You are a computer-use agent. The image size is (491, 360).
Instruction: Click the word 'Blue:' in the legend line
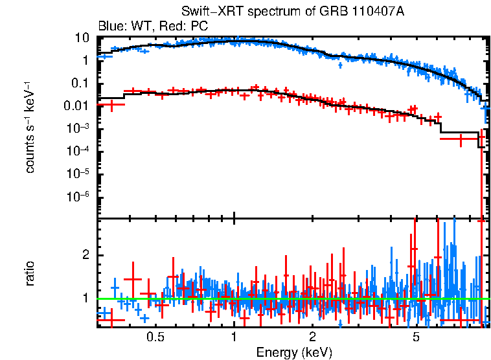pos(111,27)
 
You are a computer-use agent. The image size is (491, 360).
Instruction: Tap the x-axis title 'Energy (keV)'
pos(293,352)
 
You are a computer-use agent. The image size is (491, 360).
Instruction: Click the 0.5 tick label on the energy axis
pos(155,337)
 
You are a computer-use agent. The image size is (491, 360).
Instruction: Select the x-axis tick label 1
pos(234,337)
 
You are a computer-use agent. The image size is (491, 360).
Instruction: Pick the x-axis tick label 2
pos(312,337)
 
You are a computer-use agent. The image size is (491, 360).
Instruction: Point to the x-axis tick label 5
pos(416,337)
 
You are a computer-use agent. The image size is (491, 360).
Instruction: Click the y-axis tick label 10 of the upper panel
pos(82,38)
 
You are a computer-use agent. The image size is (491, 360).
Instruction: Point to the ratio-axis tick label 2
pos(84,255)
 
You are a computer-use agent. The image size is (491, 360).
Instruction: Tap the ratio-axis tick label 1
pos(84,298)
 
